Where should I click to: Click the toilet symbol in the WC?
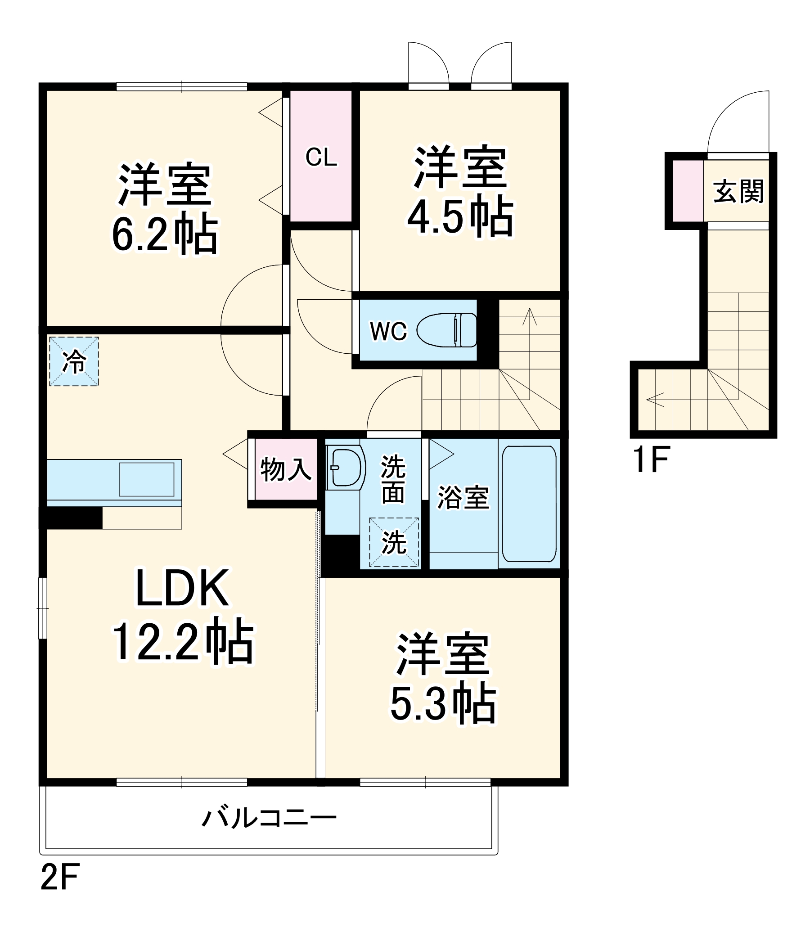pyautogui.click(x=446, y=330)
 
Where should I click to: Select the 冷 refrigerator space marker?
pyautogui.click(x=74, y=361)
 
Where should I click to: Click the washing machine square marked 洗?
pyautogui.click(x=394, y=542)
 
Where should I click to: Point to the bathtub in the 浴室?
pyautogui.click(x=529, y=504)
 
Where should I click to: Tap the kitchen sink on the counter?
pyautogui.click(x=146, y=480)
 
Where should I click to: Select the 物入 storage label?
pyautogui.click(x=286, y=469)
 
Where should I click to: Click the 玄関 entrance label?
pyautogui.click(x=738, y=192)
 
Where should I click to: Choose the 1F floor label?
pyautogui.click(x=651, y=459)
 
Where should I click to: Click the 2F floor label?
pyautogui.click(x=60, y=877)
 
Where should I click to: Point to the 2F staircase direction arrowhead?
pyautogui.click(x=529, y=315)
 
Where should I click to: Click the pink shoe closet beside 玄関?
pyautogui.click(x=688, y=192)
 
